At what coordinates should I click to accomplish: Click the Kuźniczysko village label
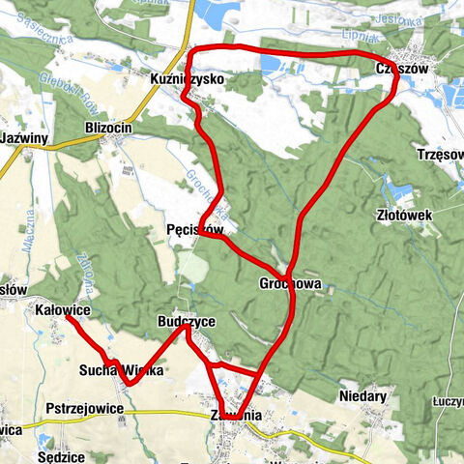(188, 77)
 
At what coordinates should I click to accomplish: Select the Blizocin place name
(107, 128)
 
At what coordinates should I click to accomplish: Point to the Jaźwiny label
(25, 138)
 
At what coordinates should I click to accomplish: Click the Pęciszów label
(195, 230)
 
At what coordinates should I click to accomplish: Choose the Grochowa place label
(289, 284)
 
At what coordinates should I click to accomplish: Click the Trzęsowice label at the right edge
(441, 156)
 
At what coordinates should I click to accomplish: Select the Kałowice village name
(62, 309)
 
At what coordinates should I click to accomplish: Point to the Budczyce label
(187, 320)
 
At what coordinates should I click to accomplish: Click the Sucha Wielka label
(122, 370)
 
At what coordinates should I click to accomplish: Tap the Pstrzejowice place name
(82, 409)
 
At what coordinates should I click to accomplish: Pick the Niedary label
(363, 396)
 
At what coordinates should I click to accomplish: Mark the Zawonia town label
(235, 416)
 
